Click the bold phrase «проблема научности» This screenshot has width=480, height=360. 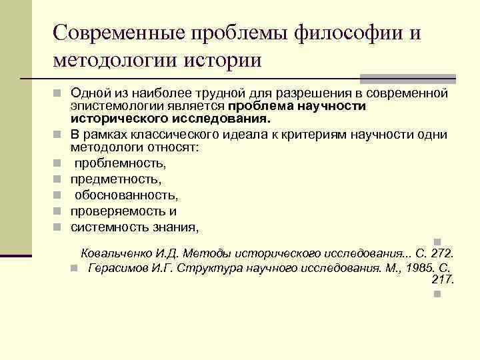(295, 107)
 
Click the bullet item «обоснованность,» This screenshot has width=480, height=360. (126, 195)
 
